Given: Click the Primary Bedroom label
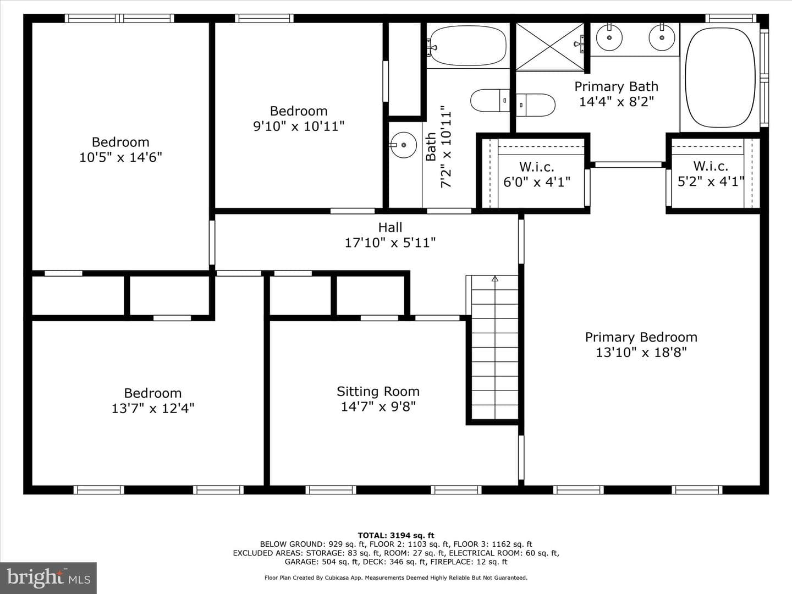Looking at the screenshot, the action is pyautogui.click(x=641, y=337).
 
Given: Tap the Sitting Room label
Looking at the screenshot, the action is pyautogui.click(x=378, y=391).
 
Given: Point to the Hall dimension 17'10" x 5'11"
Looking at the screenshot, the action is pyautogui.click(x=390, y=243).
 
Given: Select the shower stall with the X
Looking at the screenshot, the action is pyautogui.click(x=550, y=46).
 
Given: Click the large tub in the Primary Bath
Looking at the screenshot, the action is pyautogui.click(x=720, y=78).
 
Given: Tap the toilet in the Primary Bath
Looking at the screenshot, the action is pyautogui.click(x=536, y=105).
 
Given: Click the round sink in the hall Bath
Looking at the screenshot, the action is pyautogui.click(x=404, y=145).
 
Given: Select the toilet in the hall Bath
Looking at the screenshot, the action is pyautogui.click(x=490, y=100).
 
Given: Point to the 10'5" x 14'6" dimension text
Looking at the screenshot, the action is pyautogui.click(x=120, y=157).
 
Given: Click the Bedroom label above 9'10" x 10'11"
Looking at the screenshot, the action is pyautogui.click(x=299, y=111).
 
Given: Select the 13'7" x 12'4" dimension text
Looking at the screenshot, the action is pyautogui.click(x=153, y=409).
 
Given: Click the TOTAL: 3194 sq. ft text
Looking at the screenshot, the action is pyautogui.click(x=396, y=535).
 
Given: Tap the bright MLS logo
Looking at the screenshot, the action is pyautogui.click(x=48, y=578).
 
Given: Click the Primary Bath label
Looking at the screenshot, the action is pyautogui.click(x=617, y=86).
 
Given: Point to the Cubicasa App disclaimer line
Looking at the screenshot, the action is pyautogui.click(x=396, y=577).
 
